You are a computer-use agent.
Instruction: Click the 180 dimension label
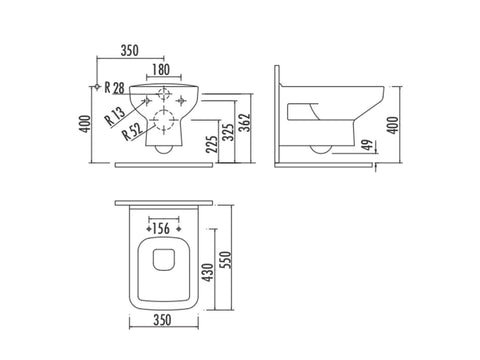click(x=161, y=70)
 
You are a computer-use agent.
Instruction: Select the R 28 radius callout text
click(x=114, y=88)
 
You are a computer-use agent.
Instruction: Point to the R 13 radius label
click(x=115, y=115)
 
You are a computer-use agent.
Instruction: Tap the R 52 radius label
click(x=132, y=130)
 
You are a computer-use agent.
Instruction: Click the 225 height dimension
click(x=211, y=143)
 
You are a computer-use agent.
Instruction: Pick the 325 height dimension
click(x=228, y=132)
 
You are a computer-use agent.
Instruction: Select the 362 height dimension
click(x=245, y=122)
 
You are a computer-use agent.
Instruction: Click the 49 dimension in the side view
click(x=367, y=145)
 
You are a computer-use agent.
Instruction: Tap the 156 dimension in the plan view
click(x=161, y=229)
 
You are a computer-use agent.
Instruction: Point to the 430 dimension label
click(x=208, y=272)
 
